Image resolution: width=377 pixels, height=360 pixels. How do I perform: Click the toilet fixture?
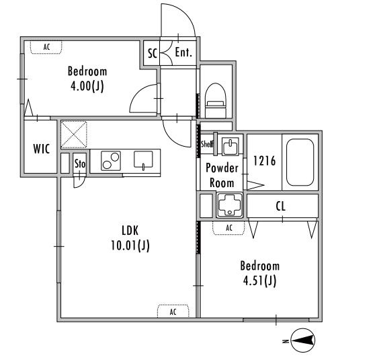tap(216, 100)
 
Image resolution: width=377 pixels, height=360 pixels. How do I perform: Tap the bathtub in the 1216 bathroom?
tap(300, 162)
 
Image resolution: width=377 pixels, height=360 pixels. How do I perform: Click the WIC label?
tap(42, 149)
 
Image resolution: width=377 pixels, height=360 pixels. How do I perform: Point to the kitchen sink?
tap(143, 159)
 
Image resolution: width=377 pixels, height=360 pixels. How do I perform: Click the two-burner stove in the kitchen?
tap(111, 161)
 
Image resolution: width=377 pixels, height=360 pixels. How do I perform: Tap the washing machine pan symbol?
tap(229, 205)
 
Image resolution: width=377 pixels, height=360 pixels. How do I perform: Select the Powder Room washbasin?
tap(230, 146)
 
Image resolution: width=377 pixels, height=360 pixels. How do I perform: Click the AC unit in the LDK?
tap(173, 311)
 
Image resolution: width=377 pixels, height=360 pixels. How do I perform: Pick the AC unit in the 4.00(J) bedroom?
tap(46, 47)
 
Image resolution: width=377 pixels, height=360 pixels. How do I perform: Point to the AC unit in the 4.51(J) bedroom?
tap(228, 228)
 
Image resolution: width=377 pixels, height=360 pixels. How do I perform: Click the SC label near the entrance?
tap(152, 53)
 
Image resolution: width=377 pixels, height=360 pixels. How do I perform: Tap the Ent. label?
tap(183, 52)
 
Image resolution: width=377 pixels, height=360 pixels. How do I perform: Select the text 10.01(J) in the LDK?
tap(130, 246)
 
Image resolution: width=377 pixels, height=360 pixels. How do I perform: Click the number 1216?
tap(265, 161)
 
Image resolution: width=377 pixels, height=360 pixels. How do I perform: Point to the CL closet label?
tap(281, 207)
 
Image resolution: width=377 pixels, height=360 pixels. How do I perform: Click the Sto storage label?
tap(80, 164)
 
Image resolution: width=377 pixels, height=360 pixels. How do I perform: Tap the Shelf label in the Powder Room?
tap(207, 144)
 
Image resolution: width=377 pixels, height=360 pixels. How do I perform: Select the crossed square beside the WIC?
tap(74, 135)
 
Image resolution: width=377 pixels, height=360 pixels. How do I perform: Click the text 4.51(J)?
tap(259, 281)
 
